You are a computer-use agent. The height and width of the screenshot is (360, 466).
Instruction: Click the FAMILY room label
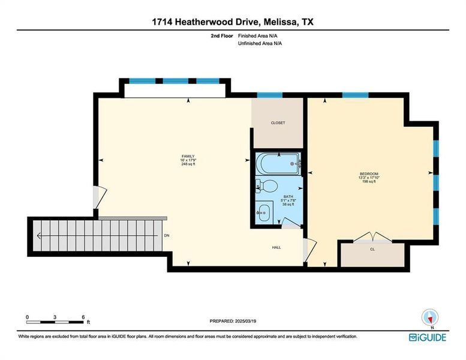pos(188,157)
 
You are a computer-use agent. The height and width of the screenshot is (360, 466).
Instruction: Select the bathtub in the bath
pos(278,164)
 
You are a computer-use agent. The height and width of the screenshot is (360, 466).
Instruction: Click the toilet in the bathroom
pos(267,186)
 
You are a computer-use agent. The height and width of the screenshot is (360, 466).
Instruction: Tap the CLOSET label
pos(278,123)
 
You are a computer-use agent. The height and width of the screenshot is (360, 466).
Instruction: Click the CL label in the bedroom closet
pos(372,250)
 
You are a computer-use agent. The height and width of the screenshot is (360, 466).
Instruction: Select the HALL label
pos(276,247)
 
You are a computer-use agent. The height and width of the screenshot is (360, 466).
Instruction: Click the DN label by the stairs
pos(167,235)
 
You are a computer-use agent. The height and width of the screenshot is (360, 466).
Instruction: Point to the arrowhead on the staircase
pos(39,236)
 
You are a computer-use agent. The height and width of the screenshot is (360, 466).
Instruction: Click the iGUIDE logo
pos(428,337)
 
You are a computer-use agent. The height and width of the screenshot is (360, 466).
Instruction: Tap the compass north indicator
pos(430,319)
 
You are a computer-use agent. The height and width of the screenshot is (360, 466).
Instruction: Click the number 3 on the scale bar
pos(55,317)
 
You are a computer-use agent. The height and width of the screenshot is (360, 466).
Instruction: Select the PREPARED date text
pos(233,321)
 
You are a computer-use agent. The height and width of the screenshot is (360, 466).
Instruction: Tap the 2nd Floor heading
pos(222,36)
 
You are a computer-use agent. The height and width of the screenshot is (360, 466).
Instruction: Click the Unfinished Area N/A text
pos(260,43)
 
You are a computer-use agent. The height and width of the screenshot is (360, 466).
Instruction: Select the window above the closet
pos(269,95)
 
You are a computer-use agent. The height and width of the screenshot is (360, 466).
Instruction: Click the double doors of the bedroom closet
pos(372,237)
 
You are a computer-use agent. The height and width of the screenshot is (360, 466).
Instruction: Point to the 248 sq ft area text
pos(188,164)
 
